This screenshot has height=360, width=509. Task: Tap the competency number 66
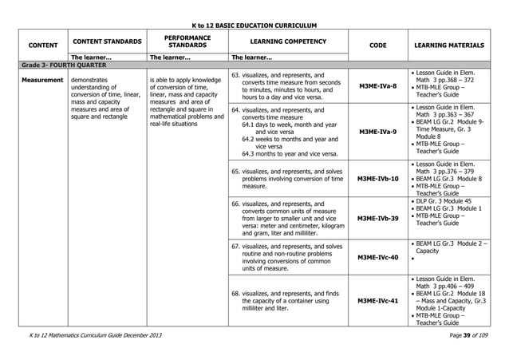(x=236, y=203)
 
